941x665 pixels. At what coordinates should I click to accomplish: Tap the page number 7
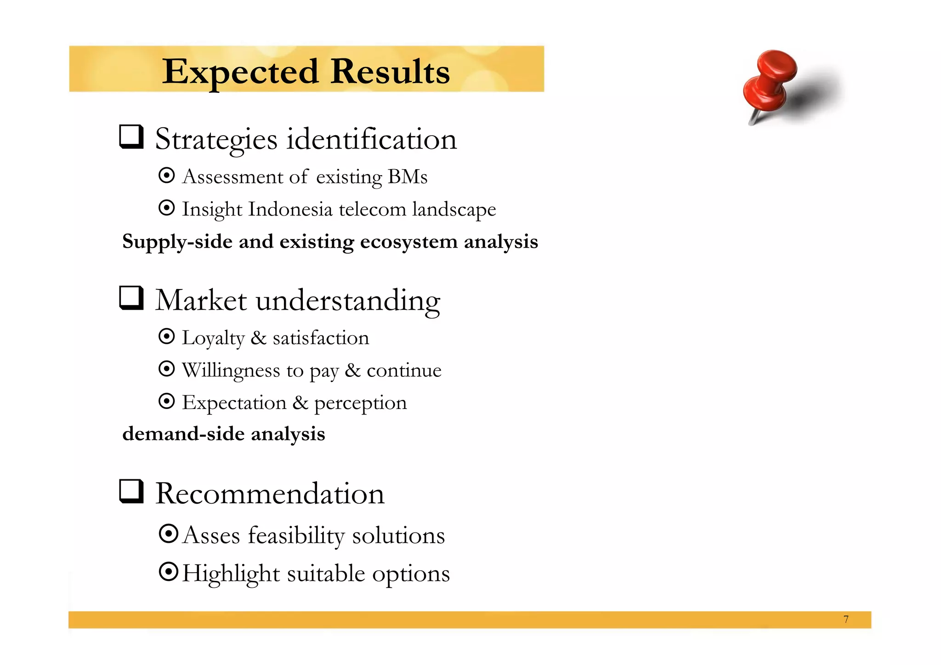[x=846, y=619]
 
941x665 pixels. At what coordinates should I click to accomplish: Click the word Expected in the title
[x=240, y=72]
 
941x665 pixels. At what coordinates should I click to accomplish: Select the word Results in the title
[x=390, y=72]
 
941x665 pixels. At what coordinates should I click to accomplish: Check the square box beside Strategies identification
[x=131, y=136]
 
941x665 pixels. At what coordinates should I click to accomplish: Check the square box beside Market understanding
[x=131, y=298]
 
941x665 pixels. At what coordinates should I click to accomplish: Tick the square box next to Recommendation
[x=131, y=491]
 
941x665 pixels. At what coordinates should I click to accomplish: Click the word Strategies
[x=216, y=139]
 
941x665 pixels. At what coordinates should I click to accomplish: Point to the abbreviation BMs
[x=408, y=177]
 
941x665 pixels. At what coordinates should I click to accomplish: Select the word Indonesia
[x=290, y=210]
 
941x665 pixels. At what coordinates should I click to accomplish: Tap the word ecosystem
[x=408, y=242]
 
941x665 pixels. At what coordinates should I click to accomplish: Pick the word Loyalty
[x=213, y=338]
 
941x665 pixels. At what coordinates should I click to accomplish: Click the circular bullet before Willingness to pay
[x=166, y=369]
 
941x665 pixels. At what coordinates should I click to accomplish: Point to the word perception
[x=360, y=404]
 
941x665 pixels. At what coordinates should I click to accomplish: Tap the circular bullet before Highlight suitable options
[x=168, y=572]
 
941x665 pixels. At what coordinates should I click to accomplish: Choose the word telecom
[x=372, y=210]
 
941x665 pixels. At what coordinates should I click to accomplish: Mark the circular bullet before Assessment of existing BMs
[x=166, y=175]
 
